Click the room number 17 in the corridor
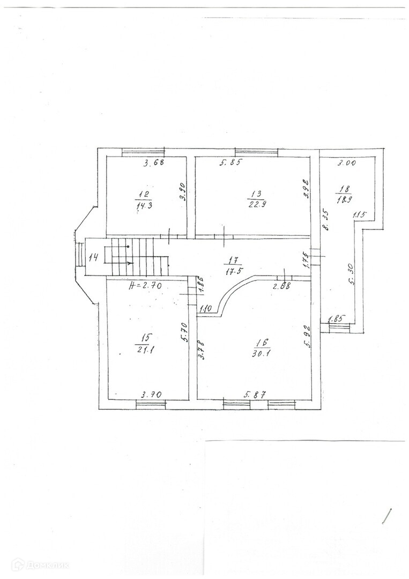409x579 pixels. tap(233, 261)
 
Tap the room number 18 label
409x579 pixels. tap(344, 188)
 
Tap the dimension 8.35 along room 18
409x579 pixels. tap(325, 220)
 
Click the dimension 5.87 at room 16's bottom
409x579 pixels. tap(255, 395)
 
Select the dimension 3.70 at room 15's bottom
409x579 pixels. tap(151, 395)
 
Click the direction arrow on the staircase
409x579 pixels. tap(129, 263)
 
